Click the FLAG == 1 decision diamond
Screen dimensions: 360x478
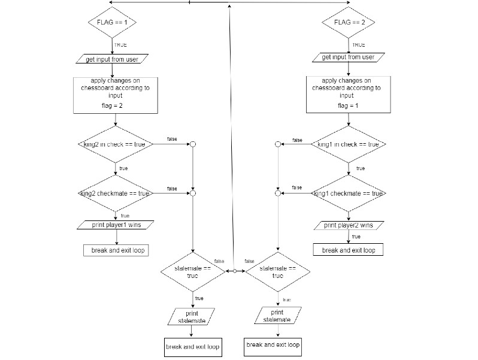click(x=113, y=23)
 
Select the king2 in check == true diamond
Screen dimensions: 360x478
click(x=114, y=144)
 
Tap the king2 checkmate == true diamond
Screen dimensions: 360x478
click(x=114, y=193)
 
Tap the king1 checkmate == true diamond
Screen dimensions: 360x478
click(x=348, y=193)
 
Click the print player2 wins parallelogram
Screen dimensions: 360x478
click(x=348, y=225)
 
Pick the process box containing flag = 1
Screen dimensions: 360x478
click(x=347, y=95)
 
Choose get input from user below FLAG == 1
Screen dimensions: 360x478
click(x=112, y=59)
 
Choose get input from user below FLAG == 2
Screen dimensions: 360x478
click(x=347, y=58)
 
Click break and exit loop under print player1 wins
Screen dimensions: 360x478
click(x=116, y=250)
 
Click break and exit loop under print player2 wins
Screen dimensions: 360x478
click(x=348, y=250)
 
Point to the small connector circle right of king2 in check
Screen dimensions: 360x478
click(x=192, y=144)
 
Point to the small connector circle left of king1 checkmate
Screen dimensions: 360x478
click(x=277, y=193)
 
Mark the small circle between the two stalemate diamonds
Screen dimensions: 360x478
click(x=235, y=271)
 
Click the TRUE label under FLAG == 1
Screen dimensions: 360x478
click(x=120, y=45)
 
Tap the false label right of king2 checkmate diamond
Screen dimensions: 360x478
click(x=172, y=189)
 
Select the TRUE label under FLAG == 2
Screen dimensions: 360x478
click(x=358, y=45)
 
